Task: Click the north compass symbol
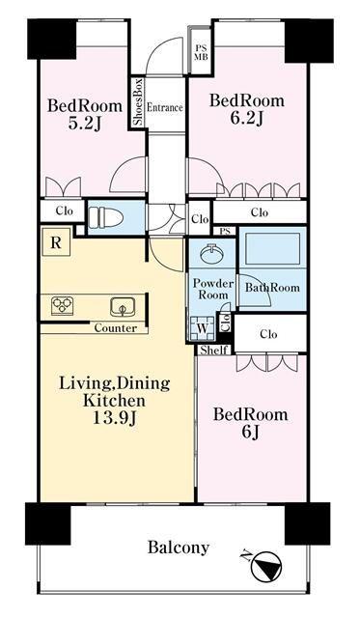[x=266, y=567]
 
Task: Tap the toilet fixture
[x=105, y=218]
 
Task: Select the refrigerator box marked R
[x=56, y=242]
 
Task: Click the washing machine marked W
[x=202, y=327]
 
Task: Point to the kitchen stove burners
[x=63, y=305]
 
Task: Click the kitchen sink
[x=123, y=307]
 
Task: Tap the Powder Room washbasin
[x=212, y=253]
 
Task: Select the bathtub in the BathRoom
[x=272, y=248]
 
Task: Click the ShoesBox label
[x=138, y=102]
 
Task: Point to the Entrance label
[x=165, y=107]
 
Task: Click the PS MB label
[x=202, y=52]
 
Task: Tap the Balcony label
[x=178, y=548]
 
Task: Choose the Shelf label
[x=214, y=350]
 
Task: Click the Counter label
[x=116, y=328]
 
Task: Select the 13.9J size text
[x=115, y=418]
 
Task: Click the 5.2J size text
[x=85, y=123]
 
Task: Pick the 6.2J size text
[x=246, y=117]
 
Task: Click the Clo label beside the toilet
[x=65, y=211]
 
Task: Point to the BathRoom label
[x=272, y=288]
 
